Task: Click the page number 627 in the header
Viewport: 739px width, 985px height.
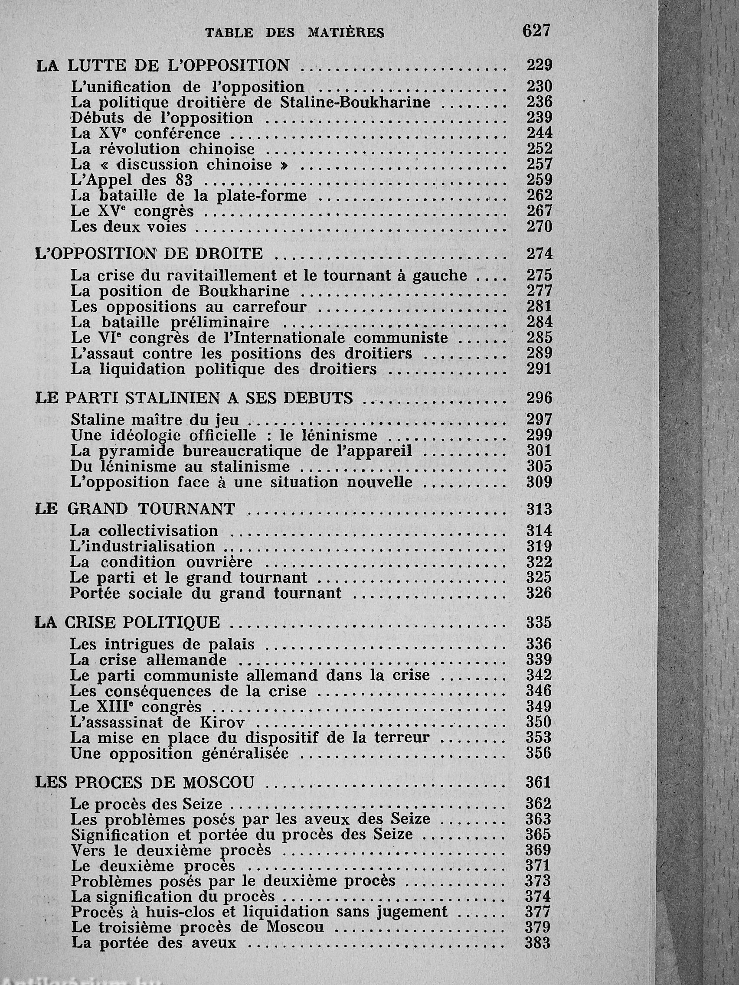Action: [x=537, y=31]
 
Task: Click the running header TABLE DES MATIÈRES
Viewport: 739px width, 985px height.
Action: [x=295, y=33]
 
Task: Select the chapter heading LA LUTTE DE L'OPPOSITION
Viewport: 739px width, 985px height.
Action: [x=163, y=66]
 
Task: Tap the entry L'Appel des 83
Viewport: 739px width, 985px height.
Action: [x=132, y=180]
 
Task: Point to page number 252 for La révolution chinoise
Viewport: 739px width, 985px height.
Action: [x=540, y=148]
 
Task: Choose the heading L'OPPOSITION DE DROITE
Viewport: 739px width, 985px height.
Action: [x=149, y=254]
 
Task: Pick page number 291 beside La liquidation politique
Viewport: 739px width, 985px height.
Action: [x=540, y=369]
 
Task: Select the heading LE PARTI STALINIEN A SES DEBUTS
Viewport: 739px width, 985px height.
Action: [x=194, y=398]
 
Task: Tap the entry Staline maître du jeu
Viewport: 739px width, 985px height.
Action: [x=155, y=420]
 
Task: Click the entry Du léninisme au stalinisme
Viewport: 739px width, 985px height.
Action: [x=180, y=466]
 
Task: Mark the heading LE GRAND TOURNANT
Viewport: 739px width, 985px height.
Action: [x=135, y=509]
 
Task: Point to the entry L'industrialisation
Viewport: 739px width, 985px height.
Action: [x=143, y=546]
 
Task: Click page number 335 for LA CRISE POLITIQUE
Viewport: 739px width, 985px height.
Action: [x=539, y=622]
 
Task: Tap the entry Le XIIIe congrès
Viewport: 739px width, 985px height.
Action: [x=136, y=706]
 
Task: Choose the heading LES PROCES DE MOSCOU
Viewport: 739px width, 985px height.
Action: [x=144, y=782]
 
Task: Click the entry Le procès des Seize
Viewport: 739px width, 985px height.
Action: [x=147, y=804]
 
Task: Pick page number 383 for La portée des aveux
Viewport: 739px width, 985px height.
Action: [x=538, y=943]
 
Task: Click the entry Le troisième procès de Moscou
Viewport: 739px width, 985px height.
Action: [x=197, y=928]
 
